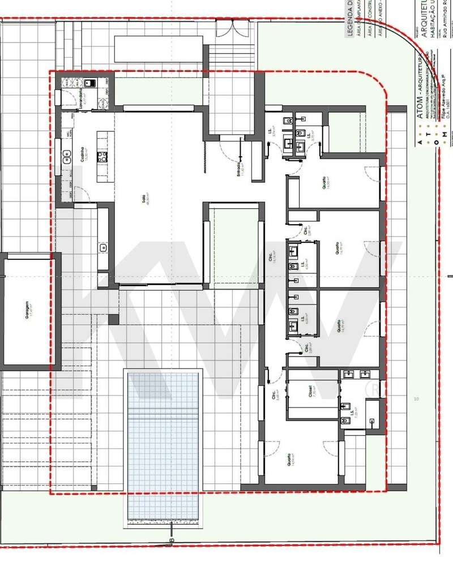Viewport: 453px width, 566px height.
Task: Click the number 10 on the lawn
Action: point(416,400)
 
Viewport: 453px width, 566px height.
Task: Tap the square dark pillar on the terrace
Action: point(114,319)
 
